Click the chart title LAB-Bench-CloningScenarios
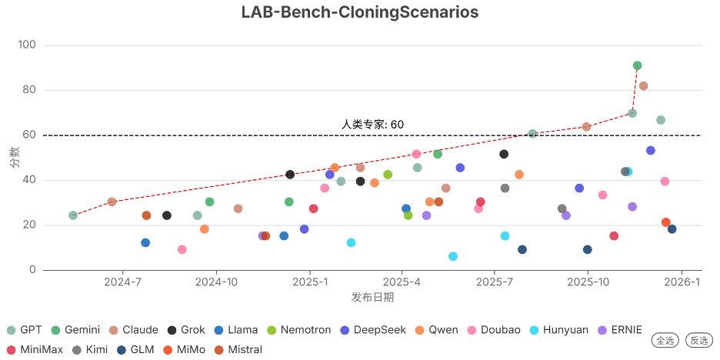pos(359,12)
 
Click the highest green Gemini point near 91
pos(637,65)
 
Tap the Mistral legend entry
pos(238,349)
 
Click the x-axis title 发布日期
pos(372,297)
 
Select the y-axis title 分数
pos(14,158)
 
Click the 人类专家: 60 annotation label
pos(372,124)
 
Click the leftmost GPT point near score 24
pos(73,215)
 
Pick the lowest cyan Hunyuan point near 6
pos(453,256)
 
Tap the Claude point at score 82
pos(643,86)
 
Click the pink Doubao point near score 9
pos(182,249)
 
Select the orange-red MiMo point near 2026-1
pos(666,222)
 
